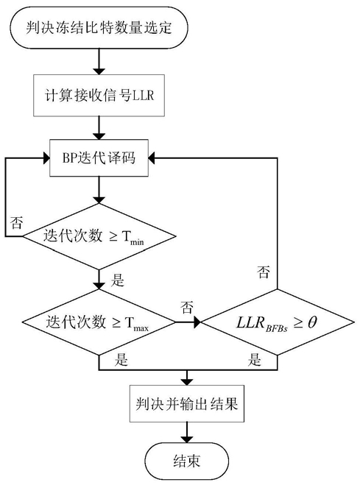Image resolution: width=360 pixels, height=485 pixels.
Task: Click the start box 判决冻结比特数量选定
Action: point(99,28)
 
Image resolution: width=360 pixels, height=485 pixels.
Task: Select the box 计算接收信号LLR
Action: point(99,95)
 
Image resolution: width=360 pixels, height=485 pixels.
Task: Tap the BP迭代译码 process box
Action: point(99,158)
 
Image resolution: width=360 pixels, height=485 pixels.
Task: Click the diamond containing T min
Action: point(99,237)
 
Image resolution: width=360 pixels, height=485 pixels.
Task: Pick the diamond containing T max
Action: point(99,322)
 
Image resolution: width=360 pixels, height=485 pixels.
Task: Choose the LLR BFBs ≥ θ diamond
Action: point(278,322)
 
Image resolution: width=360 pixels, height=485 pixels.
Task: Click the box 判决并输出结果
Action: point(187,403)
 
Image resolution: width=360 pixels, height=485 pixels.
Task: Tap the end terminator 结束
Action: point(187,461)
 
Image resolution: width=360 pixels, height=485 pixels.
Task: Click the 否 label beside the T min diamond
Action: point(16,222)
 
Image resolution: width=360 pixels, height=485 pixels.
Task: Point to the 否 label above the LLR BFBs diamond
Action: point(264,272)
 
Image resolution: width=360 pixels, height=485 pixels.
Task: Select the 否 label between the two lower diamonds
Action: point(187,307)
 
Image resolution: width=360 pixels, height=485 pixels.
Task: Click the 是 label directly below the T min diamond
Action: point(118,280)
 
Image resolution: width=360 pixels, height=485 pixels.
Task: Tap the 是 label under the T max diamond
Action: point(121,360)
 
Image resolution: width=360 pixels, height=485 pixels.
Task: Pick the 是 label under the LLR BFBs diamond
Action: point(254,360)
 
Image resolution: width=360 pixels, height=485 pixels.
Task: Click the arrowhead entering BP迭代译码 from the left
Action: point(46,158)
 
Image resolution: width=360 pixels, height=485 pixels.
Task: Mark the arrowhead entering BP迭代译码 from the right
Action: point(152,158)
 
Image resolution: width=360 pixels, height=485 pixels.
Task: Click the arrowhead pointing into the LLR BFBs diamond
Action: point(197,322)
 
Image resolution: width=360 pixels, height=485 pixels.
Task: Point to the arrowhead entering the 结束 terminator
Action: point(187,439)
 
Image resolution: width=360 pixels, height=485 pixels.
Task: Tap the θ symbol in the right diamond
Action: point(312,322)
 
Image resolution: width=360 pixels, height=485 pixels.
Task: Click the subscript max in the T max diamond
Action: point(141,328)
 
